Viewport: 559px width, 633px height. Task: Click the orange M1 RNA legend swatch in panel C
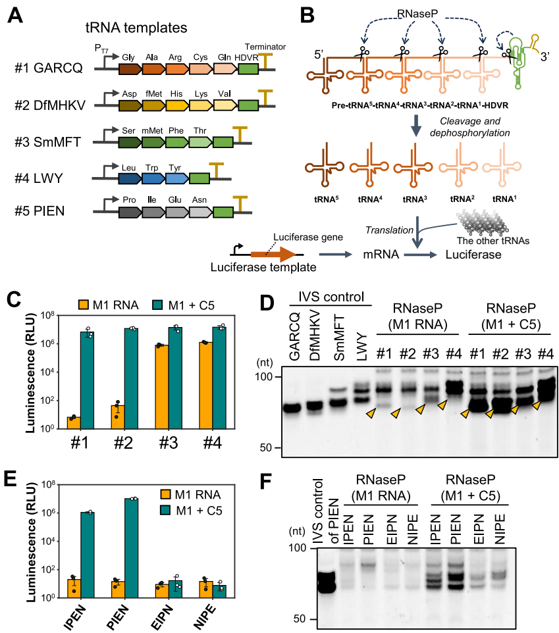(83, 305)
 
